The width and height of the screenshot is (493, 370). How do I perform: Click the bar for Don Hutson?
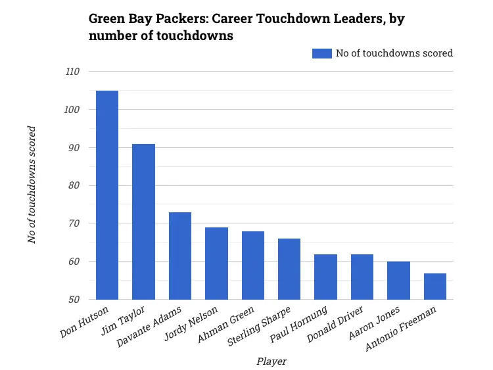(107, 195)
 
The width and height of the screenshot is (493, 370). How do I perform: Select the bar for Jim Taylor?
(143, 221)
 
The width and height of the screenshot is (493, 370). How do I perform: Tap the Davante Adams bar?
(180, 256)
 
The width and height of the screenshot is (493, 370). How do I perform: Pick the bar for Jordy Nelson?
(216, 263)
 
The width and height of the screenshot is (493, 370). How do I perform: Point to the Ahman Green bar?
(253, 265)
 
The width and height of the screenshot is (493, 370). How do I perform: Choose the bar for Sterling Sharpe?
(289, 269)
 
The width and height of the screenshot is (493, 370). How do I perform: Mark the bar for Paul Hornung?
(326, 277)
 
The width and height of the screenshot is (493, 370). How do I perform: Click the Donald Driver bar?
(362, 277)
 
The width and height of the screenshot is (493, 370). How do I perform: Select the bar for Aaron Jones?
(398, 280)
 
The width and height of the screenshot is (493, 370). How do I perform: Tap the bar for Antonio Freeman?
(435, 286)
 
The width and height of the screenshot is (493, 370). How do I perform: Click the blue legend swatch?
(322, 53)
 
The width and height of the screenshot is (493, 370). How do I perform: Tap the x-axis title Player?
(271, 361)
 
